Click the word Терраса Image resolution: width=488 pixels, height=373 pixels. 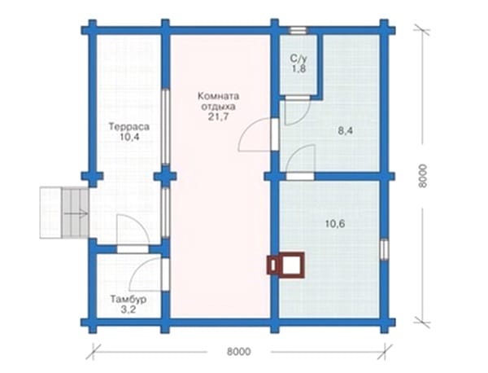tap(129, 127)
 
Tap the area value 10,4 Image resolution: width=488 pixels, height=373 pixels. tap(129, 137)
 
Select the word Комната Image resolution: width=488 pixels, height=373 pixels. tap(219, 96)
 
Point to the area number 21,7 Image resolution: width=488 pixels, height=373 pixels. tap(219, 116)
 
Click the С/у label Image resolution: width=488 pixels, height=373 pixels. tap(298, 59)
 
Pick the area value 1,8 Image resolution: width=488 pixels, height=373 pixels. tap(298, 69)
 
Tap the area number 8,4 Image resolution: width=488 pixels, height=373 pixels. tap(346, 131)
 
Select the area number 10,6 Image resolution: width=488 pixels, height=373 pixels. tap(335, 223)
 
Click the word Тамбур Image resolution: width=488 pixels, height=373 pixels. tap(129, 300)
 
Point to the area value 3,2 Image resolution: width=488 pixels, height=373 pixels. tap(129, 309)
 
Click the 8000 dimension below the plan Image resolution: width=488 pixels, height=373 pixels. tap(238, 352)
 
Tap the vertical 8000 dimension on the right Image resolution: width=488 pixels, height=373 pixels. tap(422, 176)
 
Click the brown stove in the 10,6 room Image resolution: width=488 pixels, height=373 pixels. tap(285, 265)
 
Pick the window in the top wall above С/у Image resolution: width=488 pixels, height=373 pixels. tap(298, 30)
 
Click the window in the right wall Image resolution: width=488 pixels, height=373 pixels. tap(385, 249)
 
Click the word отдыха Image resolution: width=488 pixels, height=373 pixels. tap(219, 107)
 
